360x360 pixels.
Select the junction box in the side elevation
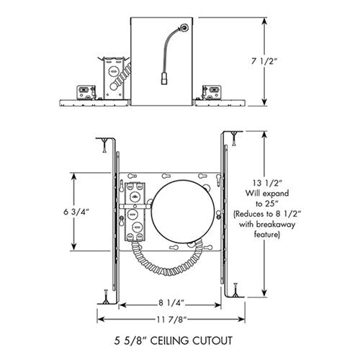click(114, 79)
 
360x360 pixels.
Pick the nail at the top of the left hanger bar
click(106, 148)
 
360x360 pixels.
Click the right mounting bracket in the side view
click(211, 92)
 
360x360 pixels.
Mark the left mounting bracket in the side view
click(86, 92)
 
